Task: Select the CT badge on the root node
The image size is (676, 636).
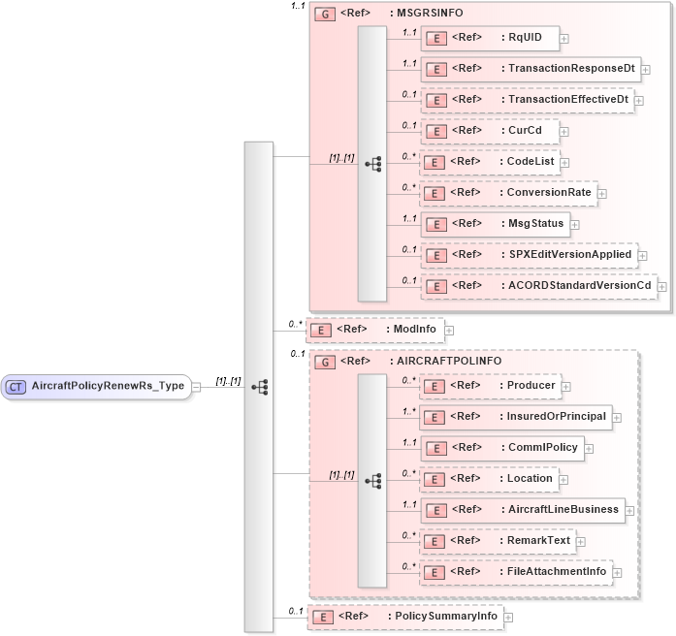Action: point(16,386)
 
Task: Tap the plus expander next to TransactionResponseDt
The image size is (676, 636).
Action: point(646,70)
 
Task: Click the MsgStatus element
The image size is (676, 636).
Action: point(495,224)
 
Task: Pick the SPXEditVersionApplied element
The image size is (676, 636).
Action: point(530,255)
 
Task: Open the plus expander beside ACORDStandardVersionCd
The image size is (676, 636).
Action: point(662,287)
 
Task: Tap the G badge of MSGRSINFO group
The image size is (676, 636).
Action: point(324,15)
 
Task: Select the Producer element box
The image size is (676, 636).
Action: point(494,386)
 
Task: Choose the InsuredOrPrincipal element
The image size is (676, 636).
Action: point(519,417)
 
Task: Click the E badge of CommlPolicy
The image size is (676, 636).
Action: point(437,449)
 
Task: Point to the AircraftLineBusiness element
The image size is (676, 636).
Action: point(525,510)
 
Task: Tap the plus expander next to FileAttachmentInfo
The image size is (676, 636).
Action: point(617,573)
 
